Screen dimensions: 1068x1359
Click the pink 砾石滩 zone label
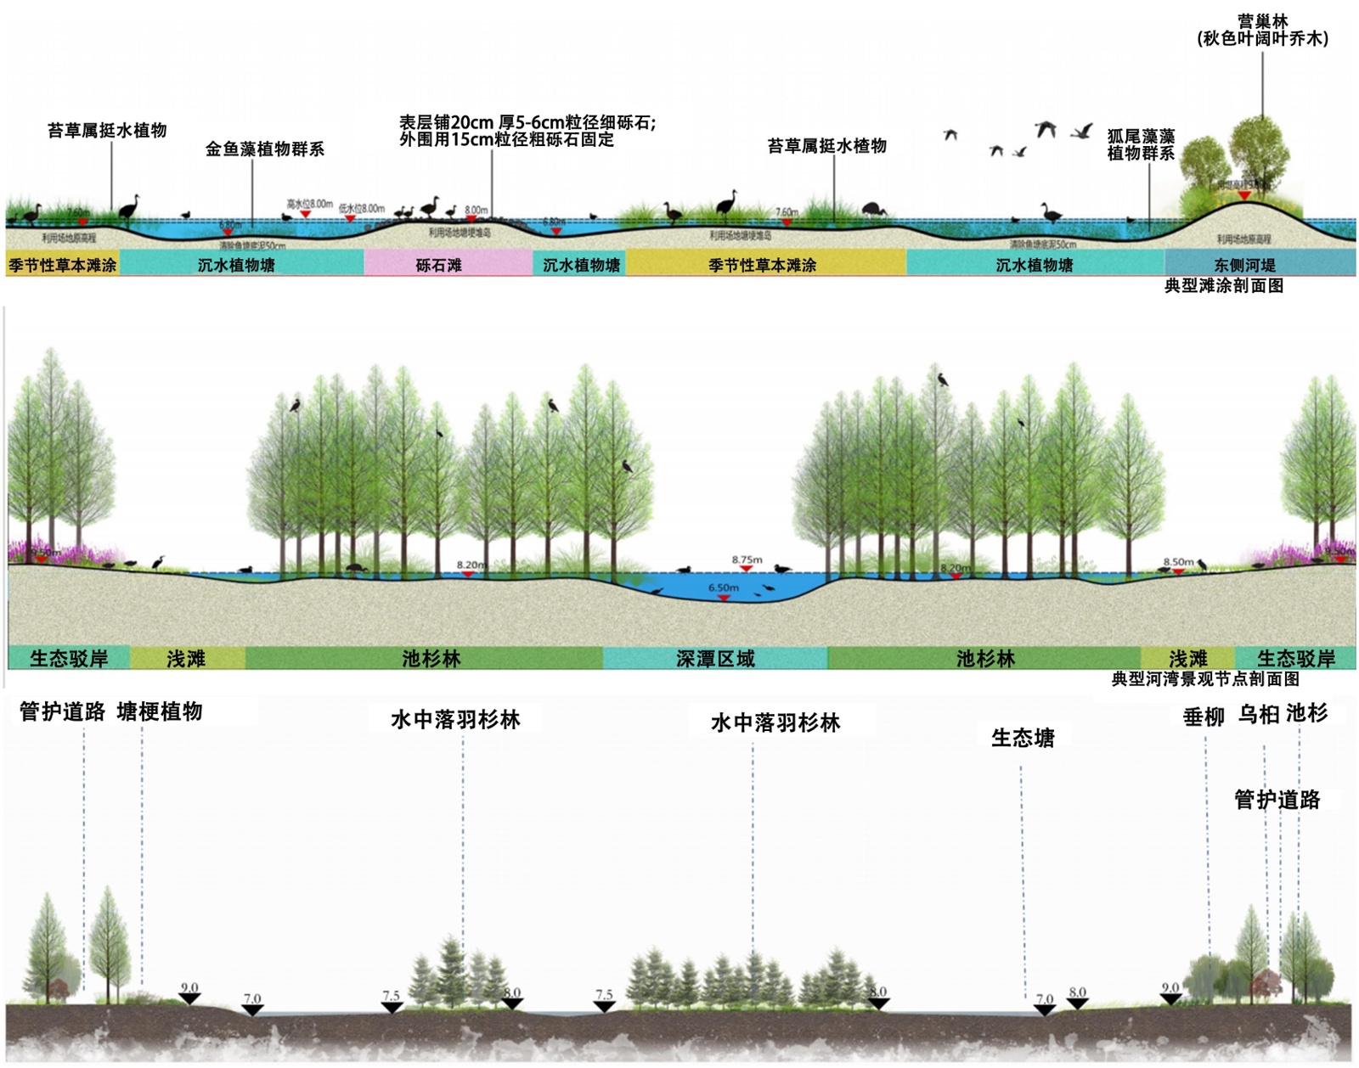439,265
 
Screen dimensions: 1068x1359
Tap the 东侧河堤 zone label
1244,265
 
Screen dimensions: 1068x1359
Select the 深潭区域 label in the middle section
715,659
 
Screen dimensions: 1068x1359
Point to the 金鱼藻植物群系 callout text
265,149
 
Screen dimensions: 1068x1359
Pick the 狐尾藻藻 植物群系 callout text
1141,144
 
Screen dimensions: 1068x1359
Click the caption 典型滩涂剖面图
1223,286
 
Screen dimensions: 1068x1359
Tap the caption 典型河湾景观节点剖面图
1205,679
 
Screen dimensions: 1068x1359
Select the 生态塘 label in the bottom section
1023,738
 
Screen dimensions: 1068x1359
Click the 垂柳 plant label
1204,717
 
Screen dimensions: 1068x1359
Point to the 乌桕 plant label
1258,715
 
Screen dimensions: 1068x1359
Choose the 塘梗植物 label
160,711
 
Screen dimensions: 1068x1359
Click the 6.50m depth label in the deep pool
724,587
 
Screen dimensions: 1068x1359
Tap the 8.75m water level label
747,559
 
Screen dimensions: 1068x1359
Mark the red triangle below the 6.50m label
724,598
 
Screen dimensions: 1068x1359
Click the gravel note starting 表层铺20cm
527,131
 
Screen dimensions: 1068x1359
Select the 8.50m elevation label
1178,562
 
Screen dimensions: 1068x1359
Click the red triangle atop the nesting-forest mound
1244,196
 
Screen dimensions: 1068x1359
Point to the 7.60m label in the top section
787,212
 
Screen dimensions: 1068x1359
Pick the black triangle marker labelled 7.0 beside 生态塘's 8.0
1045,1009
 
